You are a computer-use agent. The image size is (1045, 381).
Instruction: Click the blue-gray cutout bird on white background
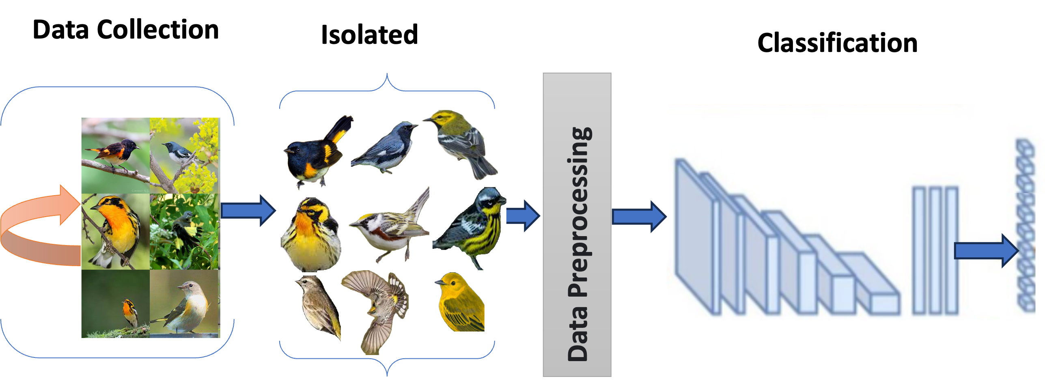pos(384,149)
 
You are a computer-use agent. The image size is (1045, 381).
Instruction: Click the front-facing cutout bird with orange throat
pos(311,235)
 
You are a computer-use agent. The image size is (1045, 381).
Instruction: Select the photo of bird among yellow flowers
pos(185,155)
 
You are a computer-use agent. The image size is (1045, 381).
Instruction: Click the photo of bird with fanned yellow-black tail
pos(185,231)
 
